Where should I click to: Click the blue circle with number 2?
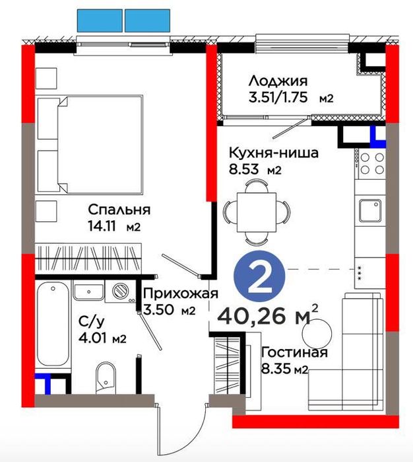pos(262,280)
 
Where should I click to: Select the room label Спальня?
pos(119,210)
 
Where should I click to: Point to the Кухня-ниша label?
pos(273,153)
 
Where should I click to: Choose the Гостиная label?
pos(294,352)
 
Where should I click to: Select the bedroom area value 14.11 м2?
pos(116,227)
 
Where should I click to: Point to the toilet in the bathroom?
pos(104,377)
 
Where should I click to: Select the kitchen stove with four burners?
pos(372,163)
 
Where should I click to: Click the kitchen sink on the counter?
pos(372,211)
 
